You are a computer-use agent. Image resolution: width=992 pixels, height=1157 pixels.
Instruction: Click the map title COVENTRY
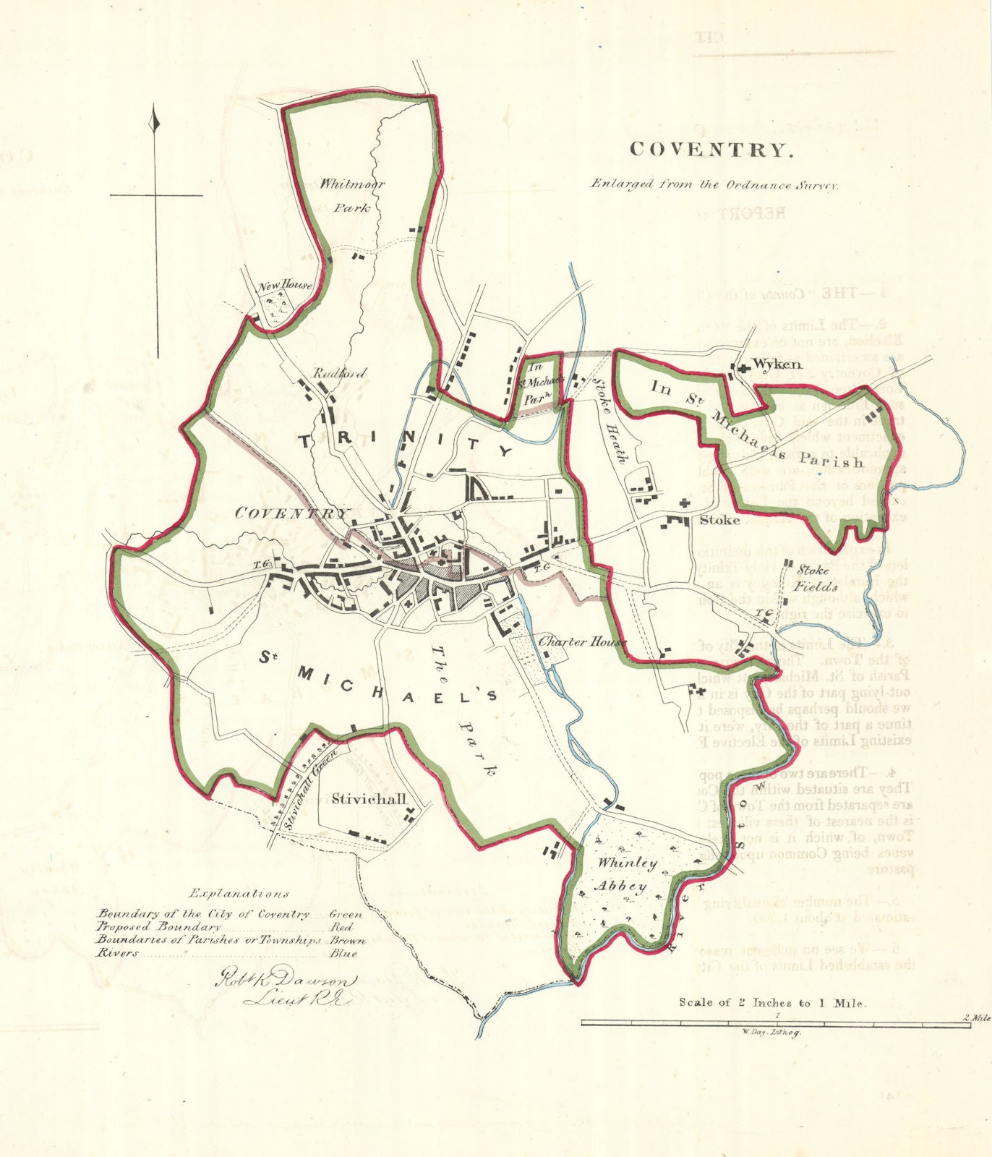point(711,150)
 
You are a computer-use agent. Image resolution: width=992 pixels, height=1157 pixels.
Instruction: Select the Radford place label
point(339,374)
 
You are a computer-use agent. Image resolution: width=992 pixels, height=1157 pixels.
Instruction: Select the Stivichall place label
point(369,798)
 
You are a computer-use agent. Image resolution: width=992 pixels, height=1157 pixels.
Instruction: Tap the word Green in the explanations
point(346,914)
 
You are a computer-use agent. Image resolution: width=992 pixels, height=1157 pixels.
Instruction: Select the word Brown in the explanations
point(348,941)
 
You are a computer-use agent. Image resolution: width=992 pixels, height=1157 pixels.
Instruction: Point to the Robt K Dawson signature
point(284,982)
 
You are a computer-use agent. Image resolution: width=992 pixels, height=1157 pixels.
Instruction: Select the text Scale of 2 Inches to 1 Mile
point(771,1002)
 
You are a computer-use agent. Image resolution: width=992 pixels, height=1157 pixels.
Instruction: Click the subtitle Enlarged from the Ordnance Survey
point(714,184)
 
